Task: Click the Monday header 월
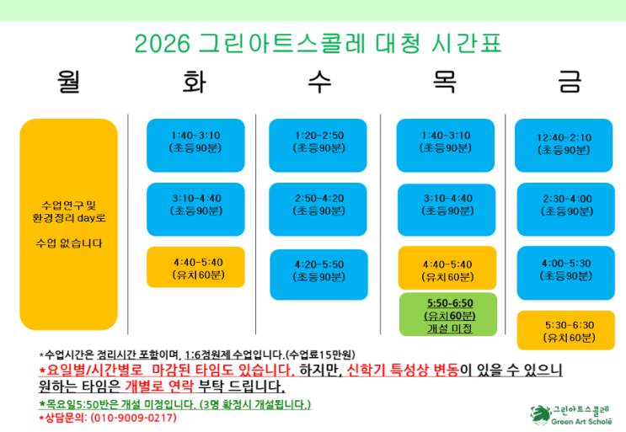69,82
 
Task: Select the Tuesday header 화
195,82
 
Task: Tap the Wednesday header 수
319,82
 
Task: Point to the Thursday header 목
444,82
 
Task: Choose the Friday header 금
570,82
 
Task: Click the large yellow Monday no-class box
69,224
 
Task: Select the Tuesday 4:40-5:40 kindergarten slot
195,267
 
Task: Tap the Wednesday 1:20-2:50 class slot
318,145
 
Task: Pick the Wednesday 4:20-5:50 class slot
318,275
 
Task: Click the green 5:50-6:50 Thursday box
448,314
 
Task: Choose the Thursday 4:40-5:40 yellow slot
447,268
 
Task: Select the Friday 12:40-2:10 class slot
564,145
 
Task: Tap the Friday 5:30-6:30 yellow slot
565,330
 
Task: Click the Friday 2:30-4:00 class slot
565,210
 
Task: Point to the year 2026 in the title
162,44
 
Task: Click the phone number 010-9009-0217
134,418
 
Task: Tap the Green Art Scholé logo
571,415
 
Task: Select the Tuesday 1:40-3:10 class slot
195,145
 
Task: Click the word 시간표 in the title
466,43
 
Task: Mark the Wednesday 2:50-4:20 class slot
318,210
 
